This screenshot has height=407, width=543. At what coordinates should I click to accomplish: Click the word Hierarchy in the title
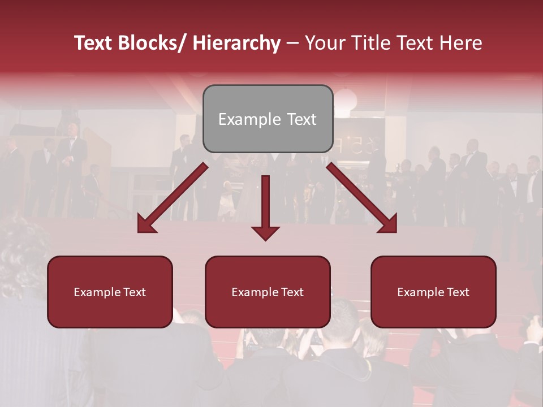(x=236, y=43)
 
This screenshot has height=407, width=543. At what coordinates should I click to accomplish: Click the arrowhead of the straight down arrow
(x=266, y=232)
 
